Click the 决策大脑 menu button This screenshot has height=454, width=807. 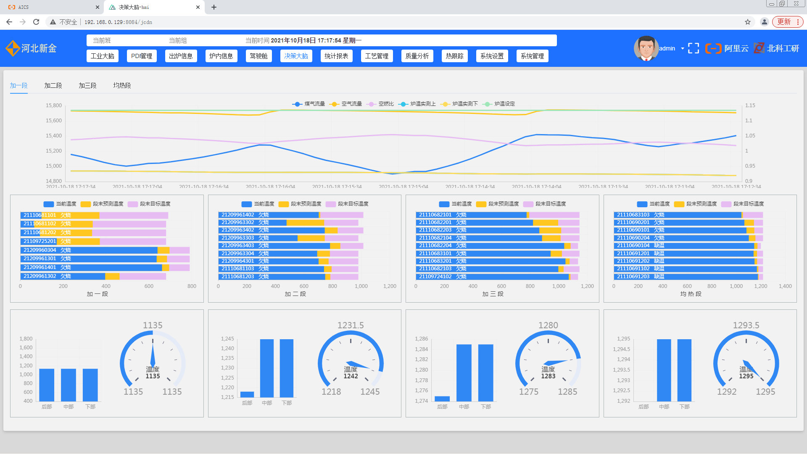(x=296, y=56)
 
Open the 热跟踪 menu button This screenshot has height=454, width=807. (x=454, y=56)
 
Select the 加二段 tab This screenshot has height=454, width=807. (x=53, y=85)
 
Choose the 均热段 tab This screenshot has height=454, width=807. (x=122, y=85)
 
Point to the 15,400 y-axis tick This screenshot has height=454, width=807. (x=54, y=136)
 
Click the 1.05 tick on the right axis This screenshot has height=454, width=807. (x=750, y=136)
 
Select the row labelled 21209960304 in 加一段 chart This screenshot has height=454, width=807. (x=88, y=250)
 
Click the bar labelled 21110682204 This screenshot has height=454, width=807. (x=490, y=245)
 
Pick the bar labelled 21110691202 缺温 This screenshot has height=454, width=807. (x=685, y=261)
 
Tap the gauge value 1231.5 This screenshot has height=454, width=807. (x=351, y=325)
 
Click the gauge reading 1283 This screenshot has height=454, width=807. (x=548, y=376)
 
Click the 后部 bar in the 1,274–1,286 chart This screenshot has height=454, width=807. (x=442, y=399)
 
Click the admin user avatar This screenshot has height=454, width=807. (x=646, y=48)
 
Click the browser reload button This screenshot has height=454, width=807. (x=36, y=22)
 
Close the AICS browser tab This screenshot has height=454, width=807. (x=98, y=7)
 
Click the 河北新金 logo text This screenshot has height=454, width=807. (x=39, y=48)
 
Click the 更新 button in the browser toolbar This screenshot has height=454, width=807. (x=784, y=22)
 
